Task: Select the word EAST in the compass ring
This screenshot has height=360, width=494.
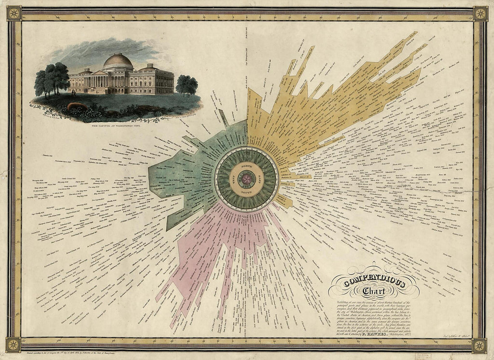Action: [x=260, y=178]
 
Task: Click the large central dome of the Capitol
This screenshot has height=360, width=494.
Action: [x=118, y=62]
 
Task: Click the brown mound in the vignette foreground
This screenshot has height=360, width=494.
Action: [x=75, y=106]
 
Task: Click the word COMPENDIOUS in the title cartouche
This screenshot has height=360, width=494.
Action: [x=374, y=283]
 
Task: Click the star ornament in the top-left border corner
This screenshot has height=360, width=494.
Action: [x=14, y=13]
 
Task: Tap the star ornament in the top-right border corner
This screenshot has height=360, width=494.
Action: [x=481, y=13]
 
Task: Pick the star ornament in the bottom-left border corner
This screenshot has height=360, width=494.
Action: [x=14, y=345]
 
